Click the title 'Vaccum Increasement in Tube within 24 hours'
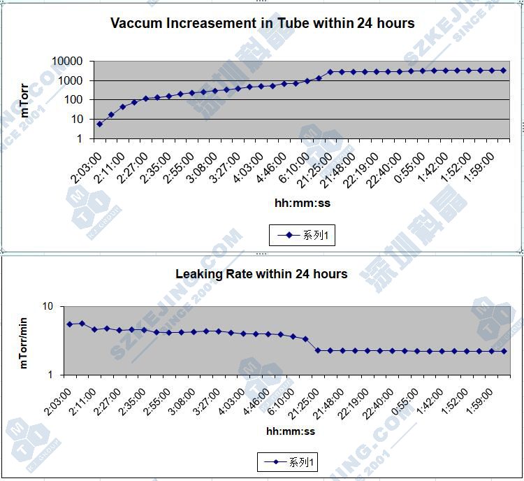(262, 23)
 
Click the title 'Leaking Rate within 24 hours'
(261, 273)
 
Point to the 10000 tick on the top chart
(68, 62)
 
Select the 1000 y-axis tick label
(72, 80)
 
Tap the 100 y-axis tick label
(75, 100)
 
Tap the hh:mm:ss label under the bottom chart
(291, 431)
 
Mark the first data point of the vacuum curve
(100, 124)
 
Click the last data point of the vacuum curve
(503, 70)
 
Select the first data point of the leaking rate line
(69, 324)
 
